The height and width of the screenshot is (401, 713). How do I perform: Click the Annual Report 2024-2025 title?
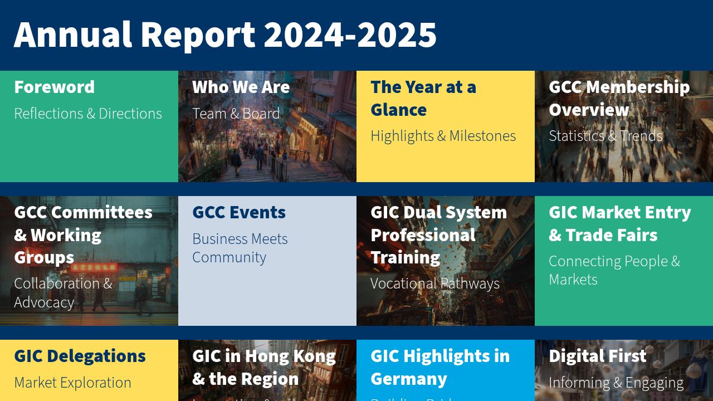[x=225, y=35]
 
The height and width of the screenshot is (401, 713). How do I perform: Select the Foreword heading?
[x=54, y=87]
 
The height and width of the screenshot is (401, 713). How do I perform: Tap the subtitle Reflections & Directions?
[x=88, y=114]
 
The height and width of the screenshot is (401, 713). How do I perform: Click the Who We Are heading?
[x=241, y=87]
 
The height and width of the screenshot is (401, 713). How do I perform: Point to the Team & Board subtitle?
[x=236, y=114]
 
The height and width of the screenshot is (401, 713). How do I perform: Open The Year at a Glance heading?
[x=423, y=98]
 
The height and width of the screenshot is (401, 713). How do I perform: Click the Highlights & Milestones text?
[x=443, y=136]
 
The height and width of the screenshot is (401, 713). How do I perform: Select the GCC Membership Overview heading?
[x=619, y=98]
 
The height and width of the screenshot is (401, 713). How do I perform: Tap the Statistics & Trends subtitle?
[x=605, y=136]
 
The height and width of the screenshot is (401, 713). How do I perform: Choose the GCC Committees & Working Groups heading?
[x=83, y=234]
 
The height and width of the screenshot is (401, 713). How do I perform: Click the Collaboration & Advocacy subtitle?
[x=63, y=292]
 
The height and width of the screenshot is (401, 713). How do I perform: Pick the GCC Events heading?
[x=239, y=212]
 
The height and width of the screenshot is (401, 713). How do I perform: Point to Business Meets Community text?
[x=240, y=248]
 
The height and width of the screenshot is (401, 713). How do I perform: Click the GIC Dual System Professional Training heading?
[x=438, y=234]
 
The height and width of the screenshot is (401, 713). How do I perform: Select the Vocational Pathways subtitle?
[x=434, y=283]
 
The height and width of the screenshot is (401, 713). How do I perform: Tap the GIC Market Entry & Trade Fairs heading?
[x=619, y=223]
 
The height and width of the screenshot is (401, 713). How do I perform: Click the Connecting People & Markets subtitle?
[x=614, y=270]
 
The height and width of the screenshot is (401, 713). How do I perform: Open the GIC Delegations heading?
[x=80, y=356]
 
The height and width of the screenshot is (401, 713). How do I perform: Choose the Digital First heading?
[x=597, y=356]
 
